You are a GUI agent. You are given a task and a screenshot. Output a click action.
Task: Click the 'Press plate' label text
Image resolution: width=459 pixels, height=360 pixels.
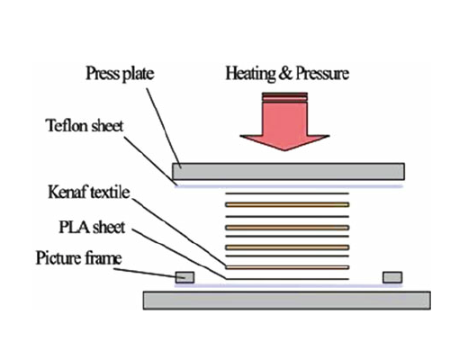(x=120, y=74)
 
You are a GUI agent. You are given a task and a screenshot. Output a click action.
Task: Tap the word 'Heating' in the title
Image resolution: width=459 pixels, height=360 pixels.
(x=250, y=74)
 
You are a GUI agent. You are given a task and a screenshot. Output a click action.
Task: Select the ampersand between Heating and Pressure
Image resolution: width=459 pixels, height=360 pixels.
(x=285, y=73)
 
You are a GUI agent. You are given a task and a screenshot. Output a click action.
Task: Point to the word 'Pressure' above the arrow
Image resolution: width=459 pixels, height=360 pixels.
(x=322, y=74)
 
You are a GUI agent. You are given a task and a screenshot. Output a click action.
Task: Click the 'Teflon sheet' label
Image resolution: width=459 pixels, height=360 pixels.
(x=85, y=125)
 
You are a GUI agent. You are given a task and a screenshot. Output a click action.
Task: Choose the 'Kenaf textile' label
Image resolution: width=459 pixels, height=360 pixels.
(x=89, y=192)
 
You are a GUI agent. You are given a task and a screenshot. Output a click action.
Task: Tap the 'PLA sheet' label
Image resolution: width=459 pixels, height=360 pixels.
(x=92, y=227)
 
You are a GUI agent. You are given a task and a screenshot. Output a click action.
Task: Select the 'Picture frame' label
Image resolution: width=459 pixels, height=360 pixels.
(x=78, y=258)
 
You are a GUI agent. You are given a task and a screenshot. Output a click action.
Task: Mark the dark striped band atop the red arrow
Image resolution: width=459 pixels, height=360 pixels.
(x=284, y=97)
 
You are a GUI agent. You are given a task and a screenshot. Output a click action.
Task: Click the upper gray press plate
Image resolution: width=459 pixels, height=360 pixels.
(x=288, y=172)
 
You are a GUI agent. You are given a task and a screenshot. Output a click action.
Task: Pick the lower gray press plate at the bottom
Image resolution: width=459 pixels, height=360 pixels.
(x=287, y=301)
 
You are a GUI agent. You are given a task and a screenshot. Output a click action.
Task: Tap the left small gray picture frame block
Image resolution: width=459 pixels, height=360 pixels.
(x=184, y=277)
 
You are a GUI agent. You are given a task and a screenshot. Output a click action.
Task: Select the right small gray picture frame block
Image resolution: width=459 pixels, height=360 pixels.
(x=392, y=277)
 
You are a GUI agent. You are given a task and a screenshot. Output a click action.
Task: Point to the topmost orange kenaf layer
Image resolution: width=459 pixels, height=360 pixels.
(x=287, y=205)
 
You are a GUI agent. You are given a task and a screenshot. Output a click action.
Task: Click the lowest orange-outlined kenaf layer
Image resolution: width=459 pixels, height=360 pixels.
(x=287, y=267)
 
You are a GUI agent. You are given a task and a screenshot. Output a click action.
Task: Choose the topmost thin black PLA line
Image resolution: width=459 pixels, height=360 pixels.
(x=287, y=193)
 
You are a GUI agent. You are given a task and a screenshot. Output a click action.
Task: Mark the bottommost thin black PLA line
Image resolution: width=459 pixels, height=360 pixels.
(x=287, y=279)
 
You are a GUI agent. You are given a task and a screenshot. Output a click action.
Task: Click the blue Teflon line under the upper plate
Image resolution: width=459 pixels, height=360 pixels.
(x=289, y=186)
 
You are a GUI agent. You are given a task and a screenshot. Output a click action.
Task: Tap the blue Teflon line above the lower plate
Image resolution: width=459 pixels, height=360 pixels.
(x=289, y=285)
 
